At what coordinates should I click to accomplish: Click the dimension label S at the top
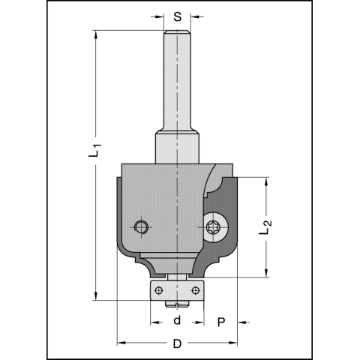click(177, 16)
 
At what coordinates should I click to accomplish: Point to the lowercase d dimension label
click(177, 321)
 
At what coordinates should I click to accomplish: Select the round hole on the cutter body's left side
click(139, 226)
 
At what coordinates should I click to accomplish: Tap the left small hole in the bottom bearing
click(158, 289)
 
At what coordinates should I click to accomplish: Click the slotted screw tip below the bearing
click(177, 303)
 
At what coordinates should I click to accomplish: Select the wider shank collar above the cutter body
click(177, 146)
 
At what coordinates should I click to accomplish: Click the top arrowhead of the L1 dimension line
click(95, 34)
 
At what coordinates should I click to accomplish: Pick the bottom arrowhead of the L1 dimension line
click(95, 296)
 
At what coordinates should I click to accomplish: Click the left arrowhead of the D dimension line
click(121, 344)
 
